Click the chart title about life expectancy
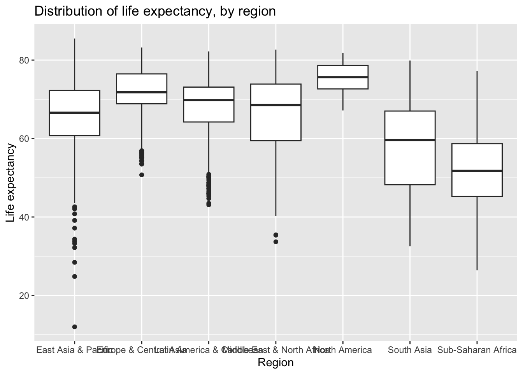point(155,11)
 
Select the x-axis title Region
point(276,363)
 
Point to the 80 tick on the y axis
point(25,60)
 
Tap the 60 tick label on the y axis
point(25,139)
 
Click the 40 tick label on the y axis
point(25,217)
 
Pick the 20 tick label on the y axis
point(25,296)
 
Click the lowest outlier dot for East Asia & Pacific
point(74,327)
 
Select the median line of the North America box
point(343,77)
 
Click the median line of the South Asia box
point(410,140)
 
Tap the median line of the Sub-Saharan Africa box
point(477,171)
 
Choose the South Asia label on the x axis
point(410,350)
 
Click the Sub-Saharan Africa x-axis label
point(477,350)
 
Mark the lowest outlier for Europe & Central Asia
point(142,175)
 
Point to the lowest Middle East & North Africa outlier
point(276,242)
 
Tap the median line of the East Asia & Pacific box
point(74,113)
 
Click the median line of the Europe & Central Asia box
point(142,92)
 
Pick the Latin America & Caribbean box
point(209,111)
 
